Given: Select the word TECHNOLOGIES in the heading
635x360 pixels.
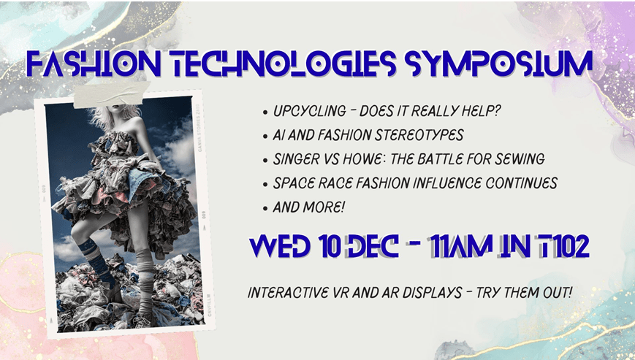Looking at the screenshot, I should point(277,65).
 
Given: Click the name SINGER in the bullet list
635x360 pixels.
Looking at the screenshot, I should point(297,160).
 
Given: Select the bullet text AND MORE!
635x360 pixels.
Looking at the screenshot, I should point(309,207).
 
